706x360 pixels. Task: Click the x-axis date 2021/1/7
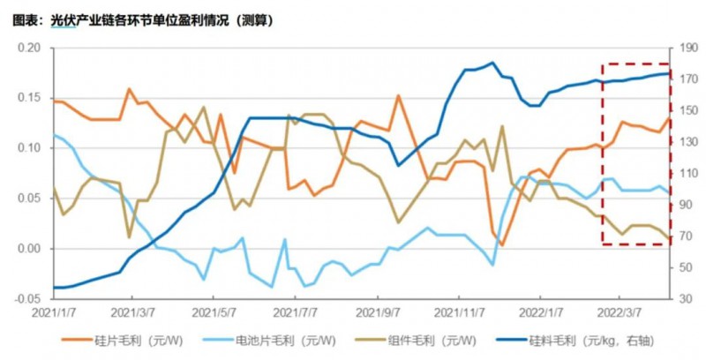pos(54,312)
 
